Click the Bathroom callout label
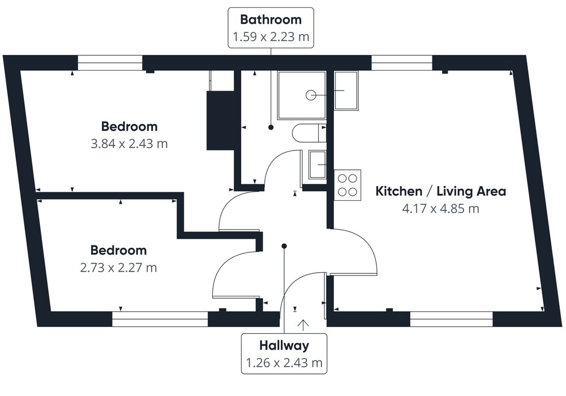(x=271, y=19)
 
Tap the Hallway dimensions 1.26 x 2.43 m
(x=284, y=363)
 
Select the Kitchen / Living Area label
(x=441, y=191)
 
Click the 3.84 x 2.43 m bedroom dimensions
(x=129, y=144)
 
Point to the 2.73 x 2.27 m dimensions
(x=118, y=268)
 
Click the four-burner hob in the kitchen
(x=348, y=185)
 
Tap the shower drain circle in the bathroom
(x=311, y=95)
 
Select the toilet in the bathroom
(x=309, y=134)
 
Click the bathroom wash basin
(x=318, y=165)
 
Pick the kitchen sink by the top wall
(x=346, y=91)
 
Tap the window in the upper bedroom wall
(x=110, y=63)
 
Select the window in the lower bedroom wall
(x=160, y=319)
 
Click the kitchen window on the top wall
(x=402, y=63)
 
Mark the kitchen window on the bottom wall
(x=452, y=319)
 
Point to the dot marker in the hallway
(x=285, y=246)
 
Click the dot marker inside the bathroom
(x=271, y=127)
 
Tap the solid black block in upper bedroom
(x=221, y=120)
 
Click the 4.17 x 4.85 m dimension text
(x=441, y=209)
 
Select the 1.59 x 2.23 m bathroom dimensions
(x=271, y=37)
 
